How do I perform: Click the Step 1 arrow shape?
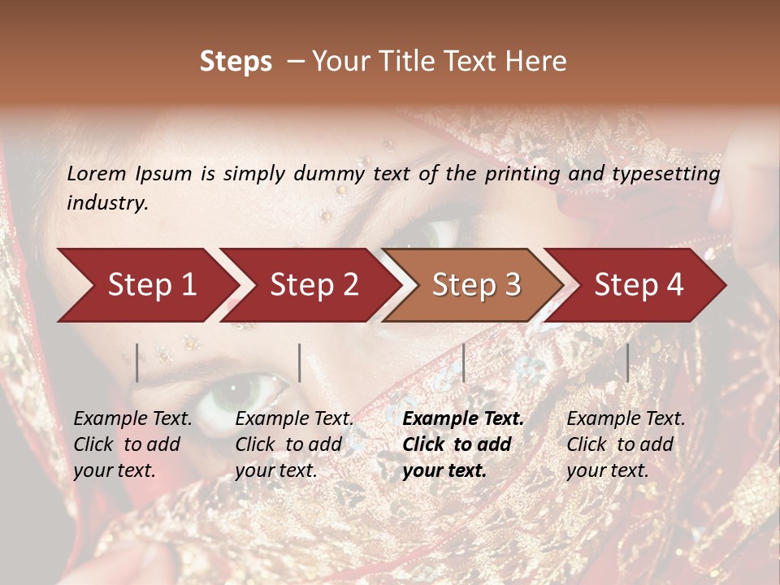[146, 285]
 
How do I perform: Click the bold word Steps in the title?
[236, 62]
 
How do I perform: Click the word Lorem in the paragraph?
[96, 174]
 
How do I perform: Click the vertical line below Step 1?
[137, 362]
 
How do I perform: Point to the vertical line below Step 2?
[300, 362]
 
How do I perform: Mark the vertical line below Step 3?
[463, 362]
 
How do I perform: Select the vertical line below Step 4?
[627, 362]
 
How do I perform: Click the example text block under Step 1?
[132, 444]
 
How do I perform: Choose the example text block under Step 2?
[294, 444]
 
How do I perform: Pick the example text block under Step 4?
[626, 444]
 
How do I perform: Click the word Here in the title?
[538, 62]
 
